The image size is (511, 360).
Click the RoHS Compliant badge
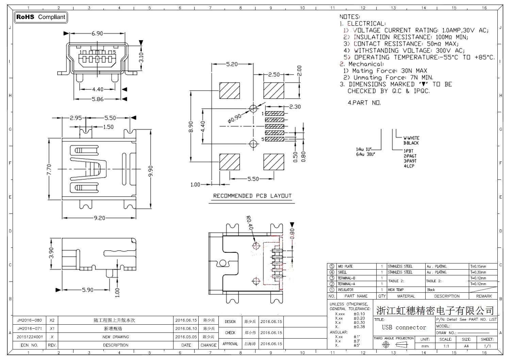[40, 17]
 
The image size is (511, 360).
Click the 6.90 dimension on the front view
[97, 33]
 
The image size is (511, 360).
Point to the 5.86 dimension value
[98, 99]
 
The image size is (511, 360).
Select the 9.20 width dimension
[99, 218]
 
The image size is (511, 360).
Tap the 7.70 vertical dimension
[49, 169]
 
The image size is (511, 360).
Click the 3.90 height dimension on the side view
[51, 253]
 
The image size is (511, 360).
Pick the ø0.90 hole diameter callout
[234, 118]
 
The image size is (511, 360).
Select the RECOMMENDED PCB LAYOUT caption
[252, 196]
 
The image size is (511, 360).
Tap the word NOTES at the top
[349, 17]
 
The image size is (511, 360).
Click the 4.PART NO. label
[364, 103]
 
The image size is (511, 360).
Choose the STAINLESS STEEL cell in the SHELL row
[400, 272]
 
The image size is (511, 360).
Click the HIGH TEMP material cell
[396, 290]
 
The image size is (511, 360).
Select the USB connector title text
[404, 327]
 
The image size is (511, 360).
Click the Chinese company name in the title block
[435, 310]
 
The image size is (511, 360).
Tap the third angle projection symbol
[394, 345]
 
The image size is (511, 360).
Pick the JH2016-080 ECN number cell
[30, 320]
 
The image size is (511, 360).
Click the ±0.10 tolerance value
[359, 314]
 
